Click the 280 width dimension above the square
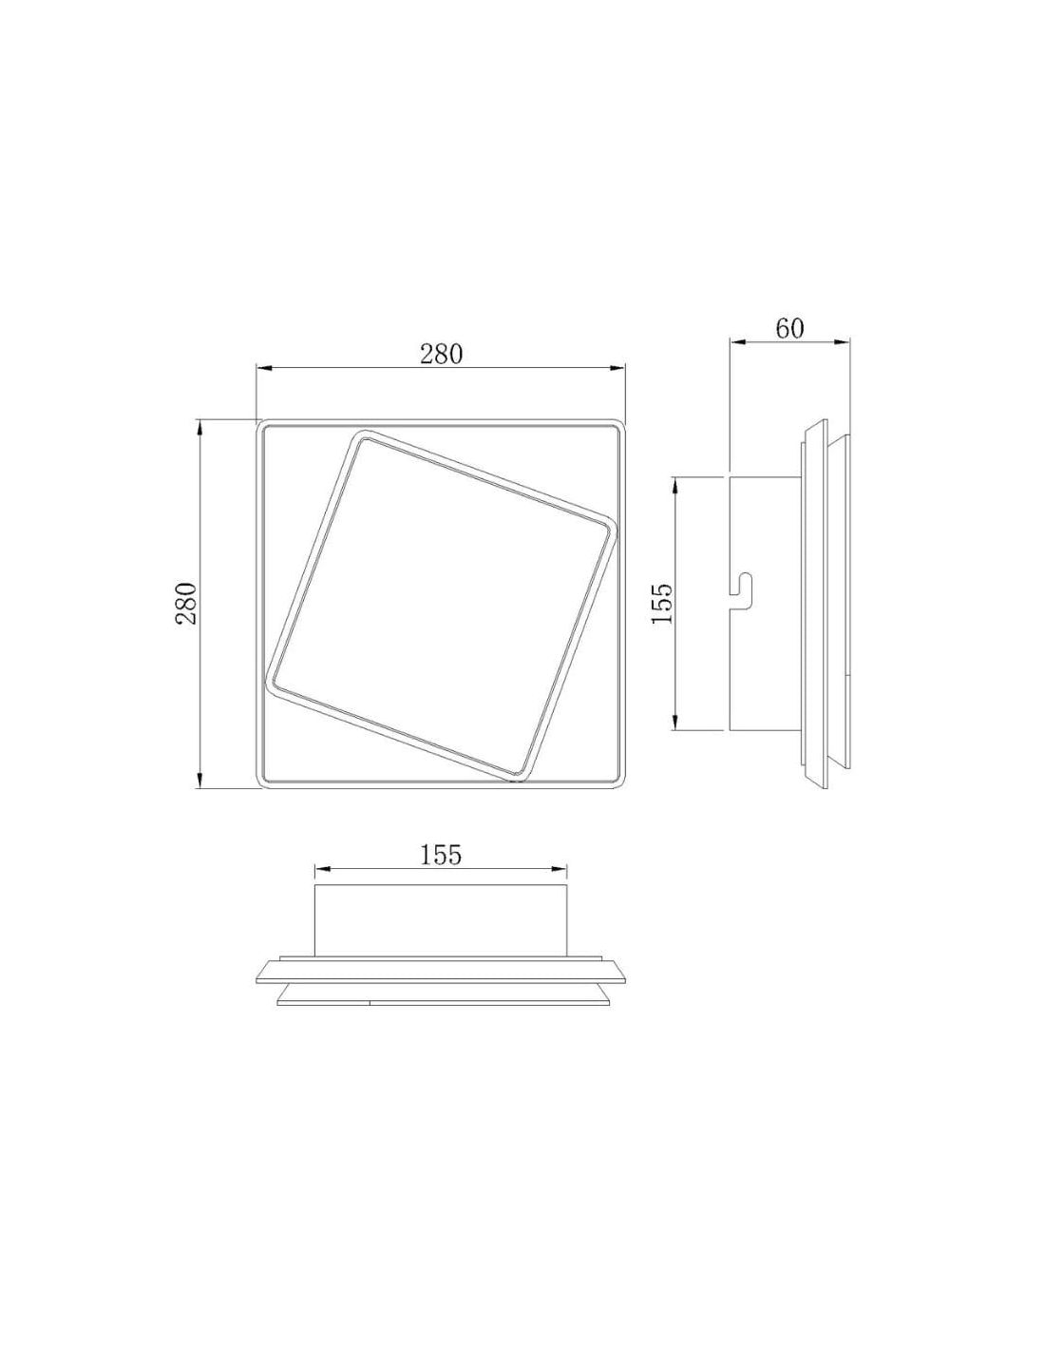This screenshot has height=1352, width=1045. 442,354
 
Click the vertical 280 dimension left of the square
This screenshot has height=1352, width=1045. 186,604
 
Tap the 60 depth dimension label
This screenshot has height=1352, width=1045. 789,329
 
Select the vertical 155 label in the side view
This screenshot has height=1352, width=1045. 661,604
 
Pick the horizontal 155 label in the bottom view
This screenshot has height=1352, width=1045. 441,855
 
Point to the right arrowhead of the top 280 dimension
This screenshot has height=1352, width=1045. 617,369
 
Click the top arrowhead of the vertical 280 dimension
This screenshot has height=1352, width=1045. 199,429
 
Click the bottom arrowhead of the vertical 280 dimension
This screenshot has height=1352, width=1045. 199,781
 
